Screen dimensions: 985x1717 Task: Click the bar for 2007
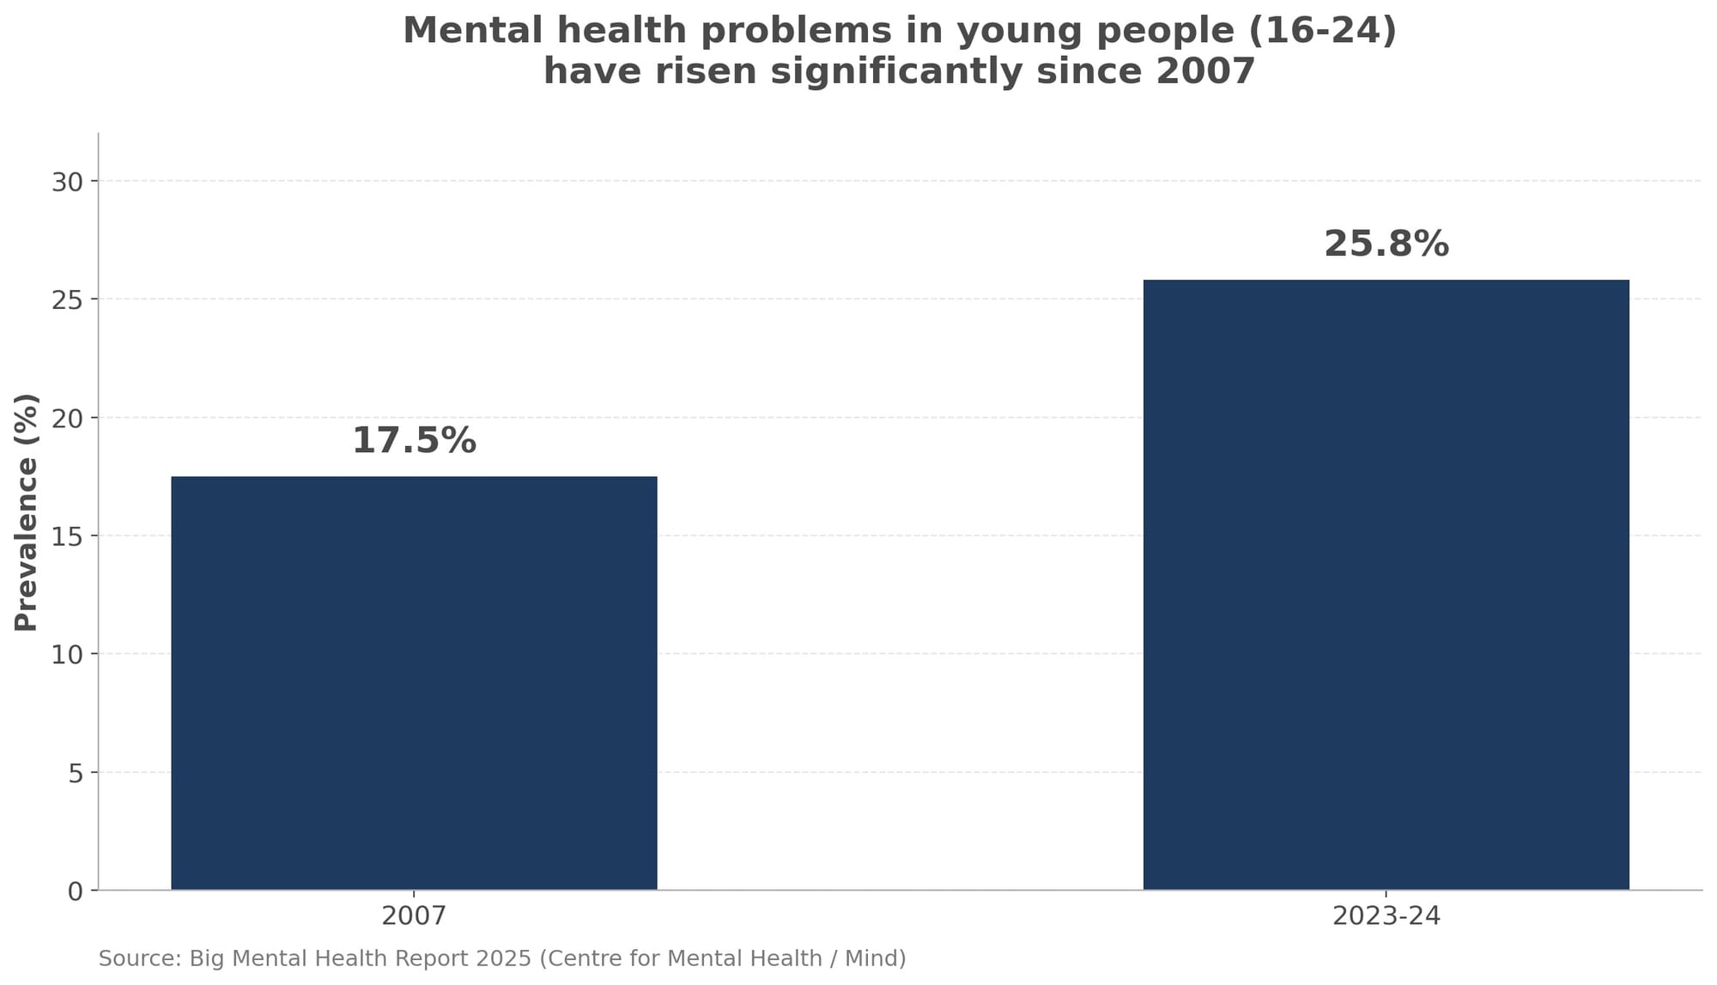point(414,683)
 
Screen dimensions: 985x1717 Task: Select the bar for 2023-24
point(1386,584)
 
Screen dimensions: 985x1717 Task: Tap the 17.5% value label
point(414,441)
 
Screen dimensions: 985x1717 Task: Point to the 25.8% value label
point(1386,245)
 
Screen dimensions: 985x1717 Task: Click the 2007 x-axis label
point(414,916)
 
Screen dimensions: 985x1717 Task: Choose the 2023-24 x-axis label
point(1386,916)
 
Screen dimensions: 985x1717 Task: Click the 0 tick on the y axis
point(76,891)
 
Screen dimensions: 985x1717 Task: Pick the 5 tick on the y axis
point(76,773)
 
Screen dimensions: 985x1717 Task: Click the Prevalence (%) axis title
point(27,512)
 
